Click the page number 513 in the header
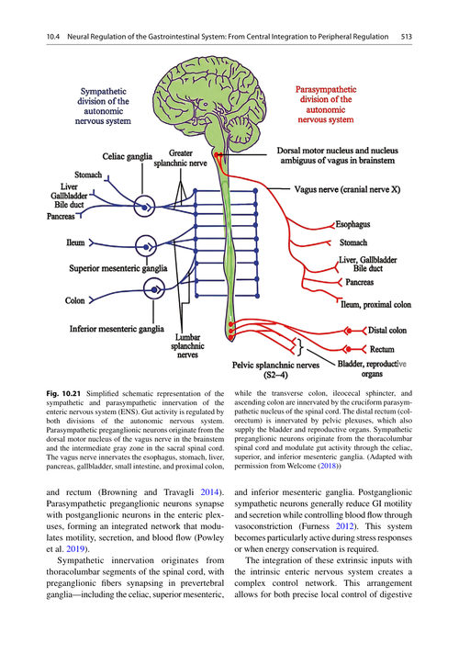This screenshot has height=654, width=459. (407, 37)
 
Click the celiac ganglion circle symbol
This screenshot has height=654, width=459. (145, 207)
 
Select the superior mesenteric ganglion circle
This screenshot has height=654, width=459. (146, 246)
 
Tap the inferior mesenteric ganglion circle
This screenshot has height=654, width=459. (154, 289)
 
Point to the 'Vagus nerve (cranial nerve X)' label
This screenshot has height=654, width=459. (347, 189)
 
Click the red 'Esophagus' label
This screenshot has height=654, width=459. (353, 224)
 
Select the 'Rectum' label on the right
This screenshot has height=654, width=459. (382, 349)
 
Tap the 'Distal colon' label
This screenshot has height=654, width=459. (387, 331)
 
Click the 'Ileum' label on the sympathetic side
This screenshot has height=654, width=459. (75, 242)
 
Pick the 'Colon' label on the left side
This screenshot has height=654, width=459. (74, 300)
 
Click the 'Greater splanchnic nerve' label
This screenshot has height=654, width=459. (180, 158)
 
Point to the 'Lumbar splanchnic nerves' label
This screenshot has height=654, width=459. (187, 345)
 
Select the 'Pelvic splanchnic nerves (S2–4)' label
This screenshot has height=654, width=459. (275, 370)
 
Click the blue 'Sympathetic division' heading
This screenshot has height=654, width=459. (103, 107)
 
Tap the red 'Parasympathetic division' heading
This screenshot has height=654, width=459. (326, 105)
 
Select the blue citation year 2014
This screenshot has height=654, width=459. (209, 492)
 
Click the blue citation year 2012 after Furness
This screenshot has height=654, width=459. (345, 526)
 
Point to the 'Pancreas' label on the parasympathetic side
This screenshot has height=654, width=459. (359, 282)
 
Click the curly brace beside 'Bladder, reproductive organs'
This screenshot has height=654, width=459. (300, 346)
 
